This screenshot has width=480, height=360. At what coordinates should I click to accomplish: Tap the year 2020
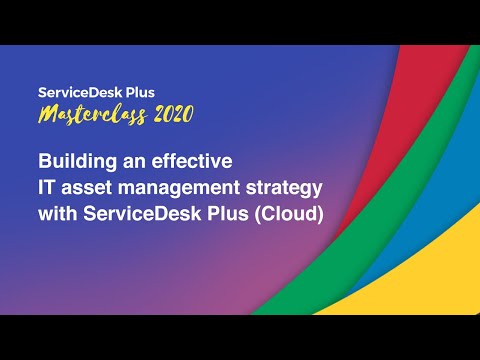[x=162, y=115]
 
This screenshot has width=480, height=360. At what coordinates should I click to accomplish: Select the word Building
[x=73, y=160]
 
